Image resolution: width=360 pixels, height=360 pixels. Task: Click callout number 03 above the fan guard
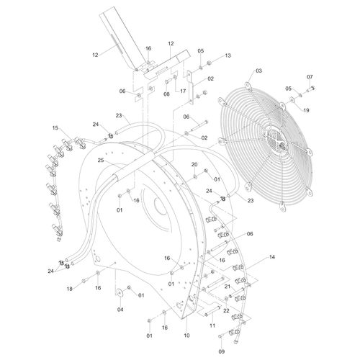(258, 71)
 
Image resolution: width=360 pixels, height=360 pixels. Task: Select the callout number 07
(310, 77)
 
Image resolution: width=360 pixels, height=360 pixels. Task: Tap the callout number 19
(306, 110)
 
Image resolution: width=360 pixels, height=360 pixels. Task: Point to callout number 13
(228, 55)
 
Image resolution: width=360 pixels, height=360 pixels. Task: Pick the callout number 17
(183, 91)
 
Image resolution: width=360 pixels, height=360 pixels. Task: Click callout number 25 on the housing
(101, 160)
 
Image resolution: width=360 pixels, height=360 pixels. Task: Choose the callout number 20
(194, 164)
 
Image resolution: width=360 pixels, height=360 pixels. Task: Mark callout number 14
(271, 257)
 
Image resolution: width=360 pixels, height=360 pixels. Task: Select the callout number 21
(228, 287)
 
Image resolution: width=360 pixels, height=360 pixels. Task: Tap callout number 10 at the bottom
(186, 336)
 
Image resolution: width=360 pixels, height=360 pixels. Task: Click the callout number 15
(55, 128)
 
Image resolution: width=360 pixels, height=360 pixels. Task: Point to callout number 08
(166, 94)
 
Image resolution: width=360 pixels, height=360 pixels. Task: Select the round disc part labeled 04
(120, 292)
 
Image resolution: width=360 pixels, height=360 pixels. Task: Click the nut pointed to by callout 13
(209, 63)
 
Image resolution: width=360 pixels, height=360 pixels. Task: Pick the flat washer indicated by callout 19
(292, 99)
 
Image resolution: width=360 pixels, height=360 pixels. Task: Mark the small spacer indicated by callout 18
(84, 280)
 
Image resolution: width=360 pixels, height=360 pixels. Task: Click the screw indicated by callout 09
(221, 336)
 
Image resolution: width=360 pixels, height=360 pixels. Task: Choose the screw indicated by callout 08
(167, 82)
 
